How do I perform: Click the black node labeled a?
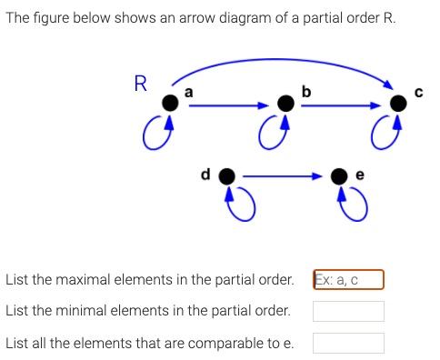[169, 104]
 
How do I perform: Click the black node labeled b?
[285, 104]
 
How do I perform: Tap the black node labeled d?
[227, 175]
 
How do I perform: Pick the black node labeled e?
[339, 175]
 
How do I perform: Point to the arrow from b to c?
[342, 105]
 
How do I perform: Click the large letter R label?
[140, 85]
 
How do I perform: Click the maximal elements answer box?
[348, 280]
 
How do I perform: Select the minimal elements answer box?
[348, 311]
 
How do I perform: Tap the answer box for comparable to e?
[348, 343]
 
